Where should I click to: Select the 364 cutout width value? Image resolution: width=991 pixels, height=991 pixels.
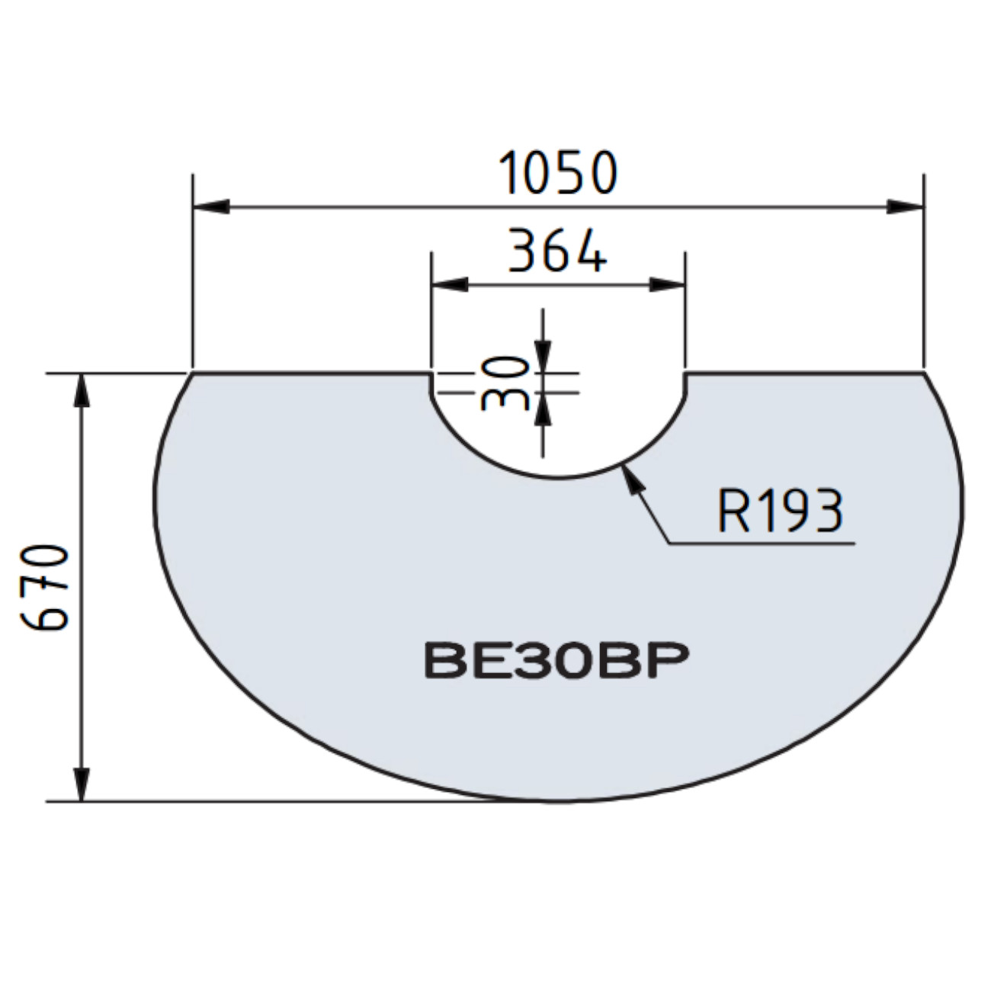tap(557, 251)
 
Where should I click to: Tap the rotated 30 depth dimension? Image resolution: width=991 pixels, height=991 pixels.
tap(505, 383)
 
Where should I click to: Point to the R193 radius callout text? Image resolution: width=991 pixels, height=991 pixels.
tap(780, 510)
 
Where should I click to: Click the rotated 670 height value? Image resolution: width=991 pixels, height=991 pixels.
tap(47, 587)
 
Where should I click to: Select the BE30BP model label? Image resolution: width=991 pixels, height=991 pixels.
tap(556, 661)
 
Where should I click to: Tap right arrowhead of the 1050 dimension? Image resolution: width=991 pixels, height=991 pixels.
tap(905, 206)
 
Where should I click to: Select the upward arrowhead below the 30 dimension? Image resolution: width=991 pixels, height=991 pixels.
tap(542, 409)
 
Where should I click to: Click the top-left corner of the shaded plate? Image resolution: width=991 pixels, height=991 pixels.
tap(191, 374)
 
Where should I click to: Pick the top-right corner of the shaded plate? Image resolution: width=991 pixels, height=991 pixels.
tap(924, 374)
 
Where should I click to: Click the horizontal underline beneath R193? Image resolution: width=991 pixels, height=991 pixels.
tap(762, 544)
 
